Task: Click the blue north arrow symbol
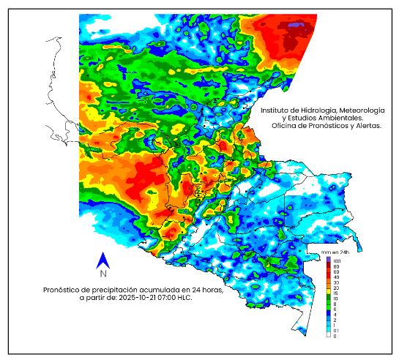click(103, 260)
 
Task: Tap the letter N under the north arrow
click(103, 274)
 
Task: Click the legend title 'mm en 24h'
click(324, 252)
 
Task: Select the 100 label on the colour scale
click(338, 260)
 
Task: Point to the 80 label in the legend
click(337, 266)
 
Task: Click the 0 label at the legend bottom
click(335, 336)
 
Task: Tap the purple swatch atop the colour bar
click(329, 259)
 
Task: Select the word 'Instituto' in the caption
click(277, 110)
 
